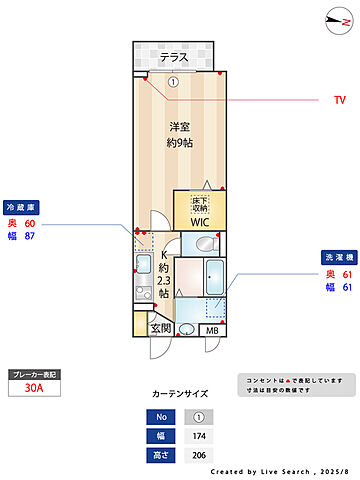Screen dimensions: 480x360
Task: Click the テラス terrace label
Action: [x=175, y=57]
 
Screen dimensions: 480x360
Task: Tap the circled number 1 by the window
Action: [x=172, y=82]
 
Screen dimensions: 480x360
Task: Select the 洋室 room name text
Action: [x=180, y=127]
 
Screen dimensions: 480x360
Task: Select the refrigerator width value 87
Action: [x=29, y=237]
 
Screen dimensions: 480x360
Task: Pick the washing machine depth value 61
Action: [x=345, y=274]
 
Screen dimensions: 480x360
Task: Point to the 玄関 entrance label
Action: [x=160, y=328]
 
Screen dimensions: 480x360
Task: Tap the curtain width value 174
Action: [x=199, y=436]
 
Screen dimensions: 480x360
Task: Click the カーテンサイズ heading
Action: [x=179, y=394]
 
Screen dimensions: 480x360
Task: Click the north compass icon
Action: [x=332, y=16]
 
